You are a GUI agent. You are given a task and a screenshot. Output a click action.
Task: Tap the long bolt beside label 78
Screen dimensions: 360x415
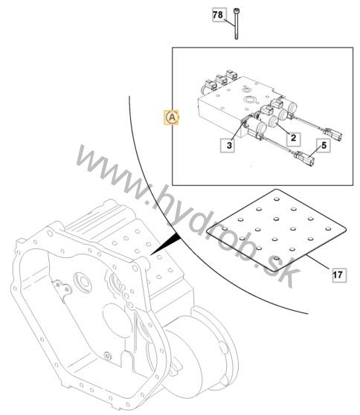236,24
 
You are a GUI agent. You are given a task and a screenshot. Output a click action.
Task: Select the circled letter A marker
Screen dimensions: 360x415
172,117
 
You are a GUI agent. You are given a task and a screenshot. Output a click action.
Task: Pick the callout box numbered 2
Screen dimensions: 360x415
293,138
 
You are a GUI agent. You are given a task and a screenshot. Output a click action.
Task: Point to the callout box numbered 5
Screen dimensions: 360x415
324,145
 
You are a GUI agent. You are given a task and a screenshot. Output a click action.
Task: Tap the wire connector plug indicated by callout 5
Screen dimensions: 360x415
305,158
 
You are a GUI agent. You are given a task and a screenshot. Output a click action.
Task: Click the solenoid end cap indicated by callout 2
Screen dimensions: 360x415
273,122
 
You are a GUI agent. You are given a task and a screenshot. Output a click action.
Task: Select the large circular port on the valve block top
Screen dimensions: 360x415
249,100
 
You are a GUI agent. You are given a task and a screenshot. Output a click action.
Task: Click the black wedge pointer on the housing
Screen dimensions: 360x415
165,244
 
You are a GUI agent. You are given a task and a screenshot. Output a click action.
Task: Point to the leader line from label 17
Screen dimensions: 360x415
318,262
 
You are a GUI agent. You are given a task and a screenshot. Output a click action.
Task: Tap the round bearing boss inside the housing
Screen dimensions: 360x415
83,282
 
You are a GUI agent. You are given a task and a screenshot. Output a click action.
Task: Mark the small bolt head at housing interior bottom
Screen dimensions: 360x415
107,356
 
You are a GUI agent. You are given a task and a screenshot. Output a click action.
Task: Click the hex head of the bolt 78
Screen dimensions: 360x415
236,11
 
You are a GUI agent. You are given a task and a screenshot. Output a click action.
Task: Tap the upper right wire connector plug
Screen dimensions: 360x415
333,134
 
